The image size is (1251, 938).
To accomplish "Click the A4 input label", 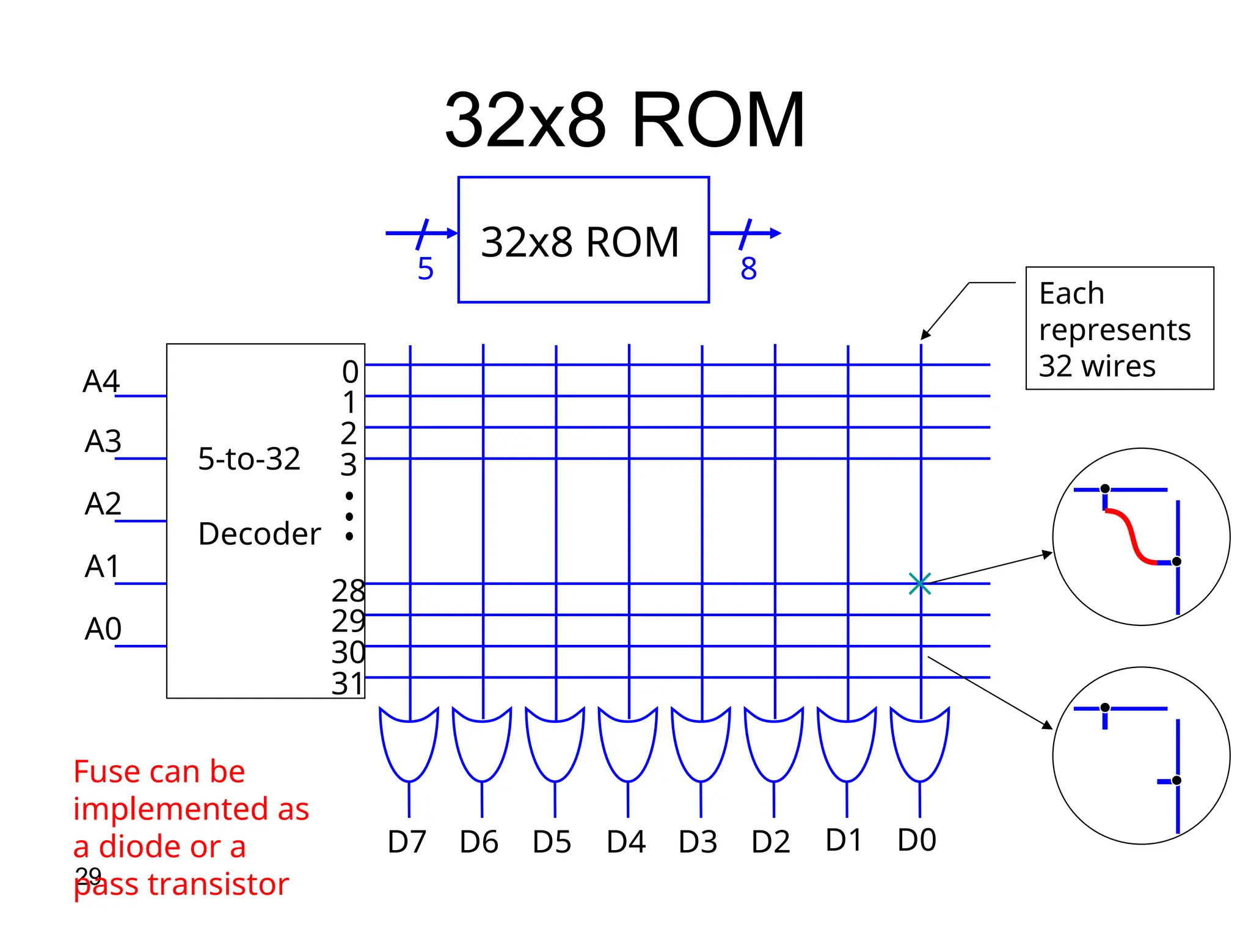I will click(x=101, y=381).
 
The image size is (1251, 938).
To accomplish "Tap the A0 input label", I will click(x=103, y=628).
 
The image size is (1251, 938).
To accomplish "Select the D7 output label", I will click(x=406, y=842).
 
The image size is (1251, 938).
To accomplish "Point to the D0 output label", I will click(x=916, y=840).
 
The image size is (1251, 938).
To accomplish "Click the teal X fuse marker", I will click(x=920, y=584).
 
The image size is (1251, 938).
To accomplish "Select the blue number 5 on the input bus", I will click(x=425, y=269).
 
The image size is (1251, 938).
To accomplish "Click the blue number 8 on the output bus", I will click(x=748, y=269).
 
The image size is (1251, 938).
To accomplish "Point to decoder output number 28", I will click(x=348, y=591).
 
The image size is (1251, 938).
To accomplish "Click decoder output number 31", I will click(x=347, y=683).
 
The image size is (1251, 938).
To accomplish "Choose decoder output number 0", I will click(x=350, y=371).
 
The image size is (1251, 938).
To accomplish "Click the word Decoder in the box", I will click(x=259, y=534).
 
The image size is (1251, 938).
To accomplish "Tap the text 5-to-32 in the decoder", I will click(x=249, y=459).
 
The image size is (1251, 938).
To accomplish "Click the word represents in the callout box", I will click(x=1115, y=330).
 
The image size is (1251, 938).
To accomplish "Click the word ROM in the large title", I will click(x=718, y=120).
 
